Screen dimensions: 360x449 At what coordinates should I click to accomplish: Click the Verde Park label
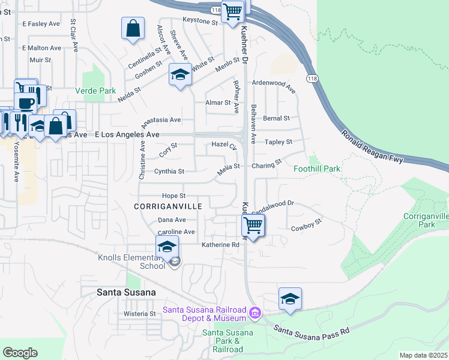pyautogui.click(x=95, y=91)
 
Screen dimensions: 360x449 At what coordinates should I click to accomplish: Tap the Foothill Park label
pyautogui.click(x=316, y=169)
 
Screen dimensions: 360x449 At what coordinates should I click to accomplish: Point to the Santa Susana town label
pyautogui.click(x=126, y=292)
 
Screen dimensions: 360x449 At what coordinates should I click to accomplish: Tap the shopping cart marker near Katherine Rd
pyautogui.click(x=253, y=226)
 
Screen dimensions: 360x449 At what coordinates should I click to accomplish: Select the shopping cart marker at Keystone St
pyautogui.click(x=232, y=11)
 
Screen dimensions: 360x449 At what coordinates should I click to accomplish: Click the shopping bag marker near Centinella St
pyautogui.click(x=133, y=28)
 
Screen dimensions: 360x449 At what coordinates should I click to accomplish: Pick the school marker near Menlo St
pyautogui.click(x=180, y=74)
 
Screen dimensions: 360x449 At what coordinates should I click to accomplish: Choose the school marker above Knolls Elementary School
pyautogui.click(x=167, y=246)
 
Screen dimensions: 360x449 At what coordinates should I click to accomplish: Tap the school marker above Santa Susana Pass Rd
pyautogui.click(x=290, y=299)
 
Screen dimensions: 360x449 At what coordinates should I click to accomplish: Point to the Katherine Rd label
pyautogui.click(x=220, y=245)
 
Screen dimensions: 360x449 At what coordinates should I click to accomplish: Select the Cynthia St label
pyautogui.click(x=169, y=172)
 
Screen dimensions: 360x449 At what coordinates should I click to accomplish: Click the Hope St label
pyautogui.click(x=174, y=196)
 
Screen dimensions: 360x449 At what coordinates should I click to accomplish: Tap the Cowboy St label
pyautogui.click(x=307, y=224)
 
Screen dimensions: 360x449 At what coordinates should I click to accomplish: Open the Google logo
pyautogui.click(x=20, y=353)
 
